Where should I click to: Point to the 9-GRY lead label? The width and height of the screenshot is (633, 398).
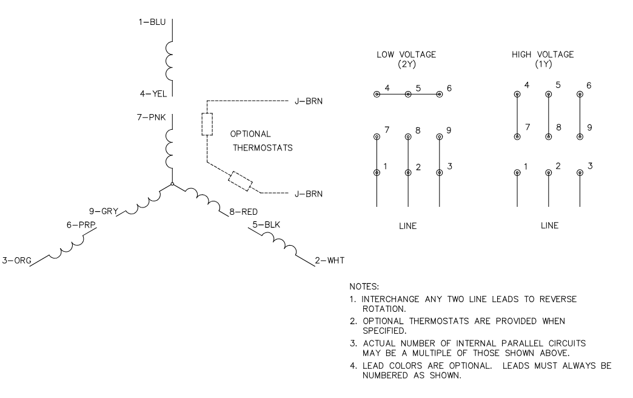click(x=102, y=212)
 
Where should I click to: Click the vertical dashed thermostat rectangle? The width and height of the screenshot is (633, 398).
click(x=207, y=124)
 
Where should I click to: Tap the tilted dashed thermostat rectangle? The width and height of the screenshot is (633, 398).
click(x=241, y=180)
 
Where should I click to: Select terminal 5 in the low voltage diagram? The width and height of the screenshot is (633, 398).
click(x=408, y=94)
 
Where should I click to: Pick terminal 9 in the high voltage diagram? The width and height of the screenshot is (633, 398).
click(x=580, y=137)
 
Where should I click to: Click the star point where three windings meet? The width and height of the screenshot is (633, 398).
click(x=172, y=184)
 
